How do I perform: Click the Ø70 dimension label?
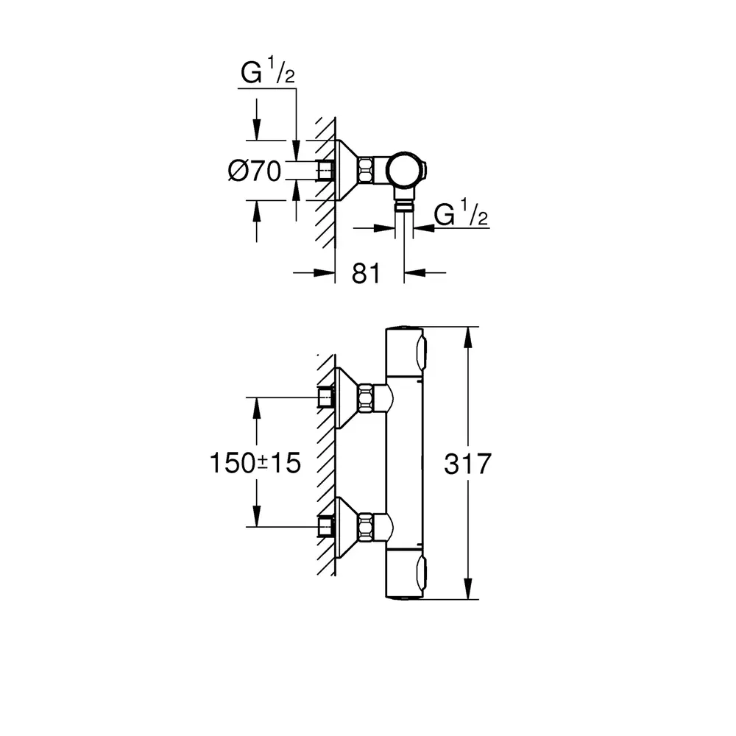coord(255,171)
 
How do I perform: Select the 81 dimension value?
coord(365,273)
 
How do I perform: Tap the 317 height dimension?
coord(468,464)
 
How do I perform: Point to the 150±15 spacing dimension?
coord(255,463)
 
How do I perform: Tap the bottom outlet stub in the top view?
coord(403,204)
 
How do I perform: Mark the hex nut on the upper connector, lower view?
coord(365,398)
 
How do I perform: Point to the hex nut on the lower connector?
coord(365,526)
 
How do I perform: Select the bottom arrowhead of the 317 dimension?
coord(467,592)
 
